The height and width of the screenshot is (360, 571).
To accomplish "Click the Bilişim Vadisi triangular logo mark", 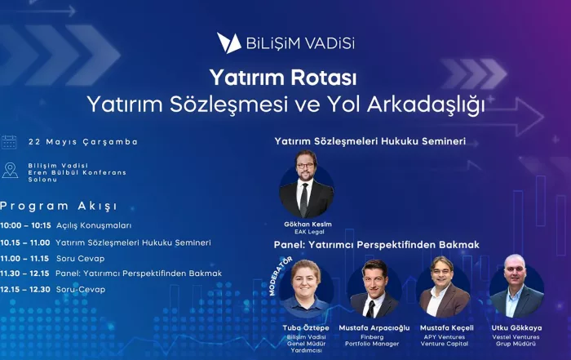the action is (x=228, y=43).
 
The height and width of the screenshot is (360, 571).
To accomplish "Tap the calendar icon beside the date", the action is (x=9, y=142).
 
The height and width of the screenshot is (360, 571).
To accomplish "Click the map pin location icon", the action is (x=10, y=170).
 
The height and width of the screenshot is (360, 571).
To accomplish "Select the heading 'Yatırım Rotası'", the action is (x=283, y=78).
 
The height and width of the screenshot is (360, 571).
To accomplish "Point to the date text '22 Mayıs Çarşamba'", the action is (x=83, y=142).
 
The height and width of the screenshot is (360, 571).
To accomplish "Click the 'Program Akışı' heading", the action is (x=59, y=207).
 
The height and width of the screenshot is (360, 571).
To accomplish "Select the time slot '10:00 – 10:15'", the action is (x=25, y=225).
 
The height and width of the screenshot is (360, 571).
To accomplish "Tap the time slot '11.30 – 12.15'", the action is (x=24, y=273).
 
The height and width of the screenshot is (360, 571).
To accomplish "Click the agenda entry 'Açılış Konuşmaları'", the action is (x=94, y=225).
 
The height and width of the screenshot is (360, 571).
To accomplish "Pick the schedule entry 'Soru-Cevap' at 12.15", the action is (x=81, y=290).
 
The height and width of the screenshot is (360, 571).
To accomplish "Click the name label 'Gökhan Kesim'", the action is (x=308, y=224).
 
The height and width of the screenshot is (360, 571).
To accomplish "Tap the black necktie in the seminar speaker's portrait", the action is (x=304, y=199).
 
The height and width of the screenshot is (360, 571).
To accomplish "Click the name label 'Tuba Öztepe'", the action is (x=306, y=328).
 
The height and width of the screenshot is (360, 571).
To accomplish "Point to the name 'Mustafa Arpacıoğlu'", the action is (x=374, y=328).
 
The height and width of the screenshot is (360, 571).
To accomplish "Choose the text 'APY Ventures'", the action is (x=445, y=337).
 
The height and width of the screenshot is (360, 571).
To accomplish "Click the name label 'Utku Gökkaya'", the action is (x=516, y=328).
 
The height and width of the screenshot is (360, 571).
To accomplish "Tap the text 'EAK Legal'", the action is (x=309, y=232).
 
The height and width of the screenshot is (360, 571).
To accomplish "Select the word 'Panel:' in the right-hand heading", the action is (x=290, y=245).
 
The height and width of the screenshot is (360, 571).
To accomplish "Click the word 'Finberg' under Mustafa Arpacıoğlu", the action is (x=372, y=337).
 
